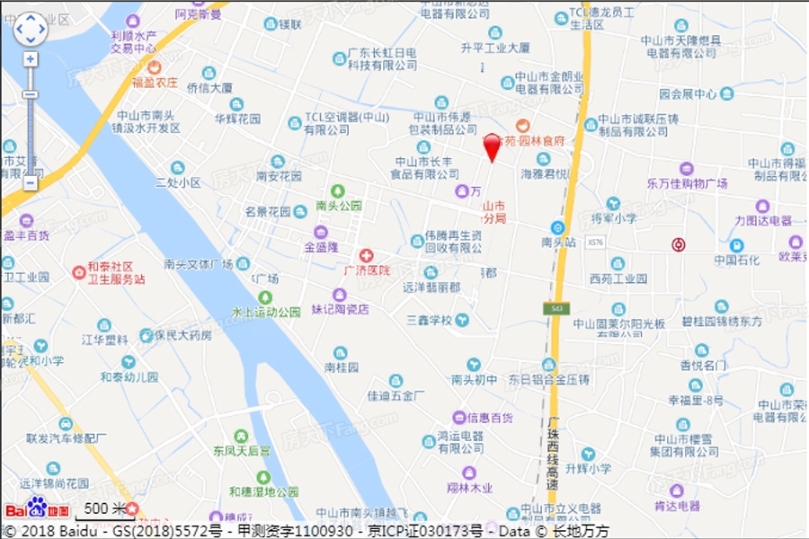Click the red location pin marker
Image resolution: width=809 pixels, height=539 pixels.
pos(492,146)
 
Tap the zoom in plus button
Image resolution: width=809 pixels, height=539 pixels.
pos(31,59)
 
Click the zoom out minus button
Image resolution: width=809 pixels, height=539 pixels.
pos(31,182)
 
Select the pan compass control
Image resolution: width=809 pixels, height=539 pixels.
pos(31,29)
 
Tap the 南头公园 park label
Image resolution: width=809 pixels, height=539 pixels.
pos(339,205)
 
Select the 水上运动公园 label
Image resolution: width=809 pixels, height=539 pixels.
pos(266,313)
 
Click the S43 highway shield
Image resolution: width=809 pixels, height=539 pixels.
pos(557,308)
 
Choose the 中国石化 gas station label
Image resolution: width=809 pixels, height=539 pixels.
pos(737,260)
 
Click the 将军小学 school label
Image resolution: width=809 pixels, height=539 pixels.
pos(614,217)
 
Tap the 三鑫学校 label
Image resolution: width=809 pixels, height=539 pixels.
pos(428,319)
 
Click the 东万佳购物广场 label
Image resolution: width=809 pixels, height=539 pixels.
pos(687,183)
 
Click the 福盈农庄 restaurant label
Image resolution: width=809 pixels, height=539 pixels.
pos(155,83)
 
